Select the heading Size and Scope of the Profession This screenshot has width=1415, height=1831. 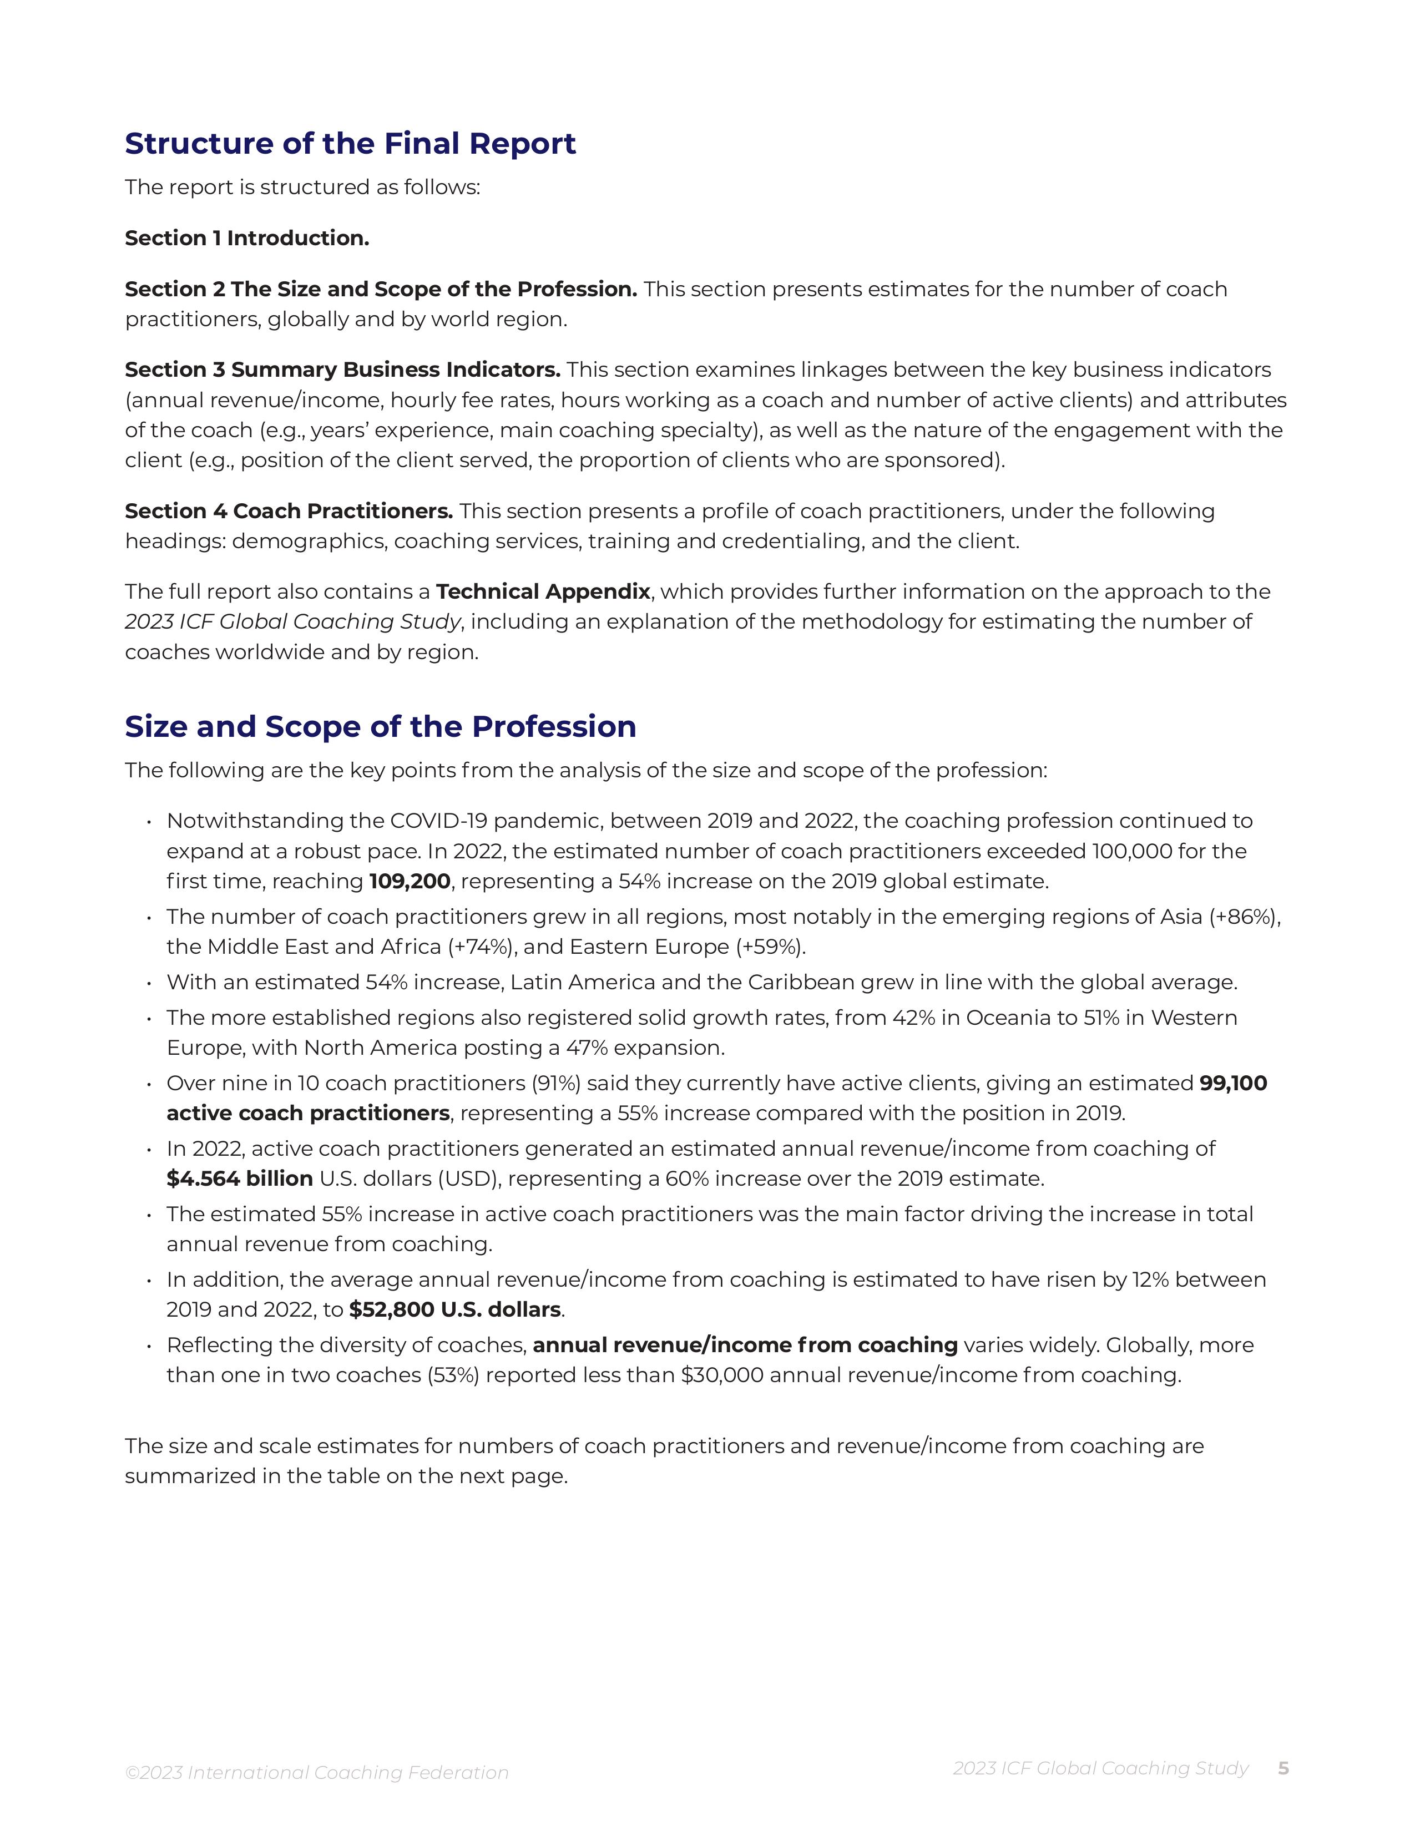381,726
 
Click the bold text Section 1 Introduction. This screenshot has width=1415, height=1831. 247,238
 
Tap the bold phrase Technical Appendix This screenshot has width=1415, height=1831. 543,592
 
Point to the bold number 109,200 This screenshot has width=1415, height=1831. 410,881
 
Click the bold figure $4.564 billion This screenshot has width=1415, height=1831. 240,1178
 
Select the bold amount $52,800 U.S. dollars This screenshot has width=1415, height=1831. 455,1309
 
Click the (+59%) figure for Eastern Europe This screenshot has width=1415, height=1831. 770,947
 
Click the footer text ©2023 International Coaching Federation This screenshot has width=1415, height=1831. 317,1772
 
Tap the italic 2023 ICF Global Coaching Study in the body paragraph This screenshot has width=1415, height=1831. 292,622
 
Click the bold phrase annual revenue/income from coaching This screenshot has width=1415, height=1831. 745,1345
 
